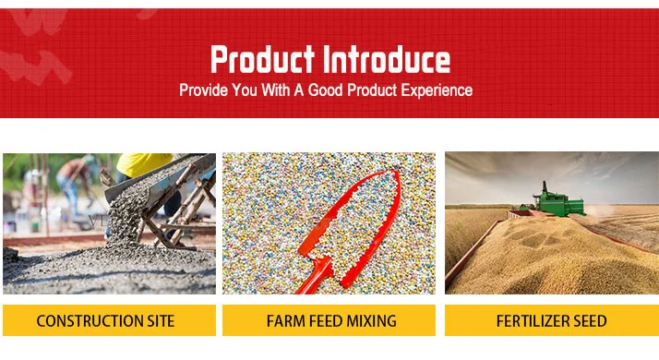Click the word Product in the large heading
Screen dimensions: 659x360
point(262,59)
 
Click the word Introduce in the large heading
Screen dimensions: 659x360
point(387,59)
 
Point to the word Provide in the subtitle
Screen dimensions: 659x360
point(203,90)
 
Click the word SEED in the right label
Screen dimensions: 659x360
point(590,321)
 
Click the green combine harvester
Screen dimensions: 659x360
point(554,201)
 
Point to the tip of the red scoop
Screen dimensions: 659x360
point(396,172)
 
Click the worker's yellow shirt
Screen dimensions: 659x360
point(143,164)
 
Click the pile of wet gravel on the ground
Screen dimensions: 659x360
point(109,270)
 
